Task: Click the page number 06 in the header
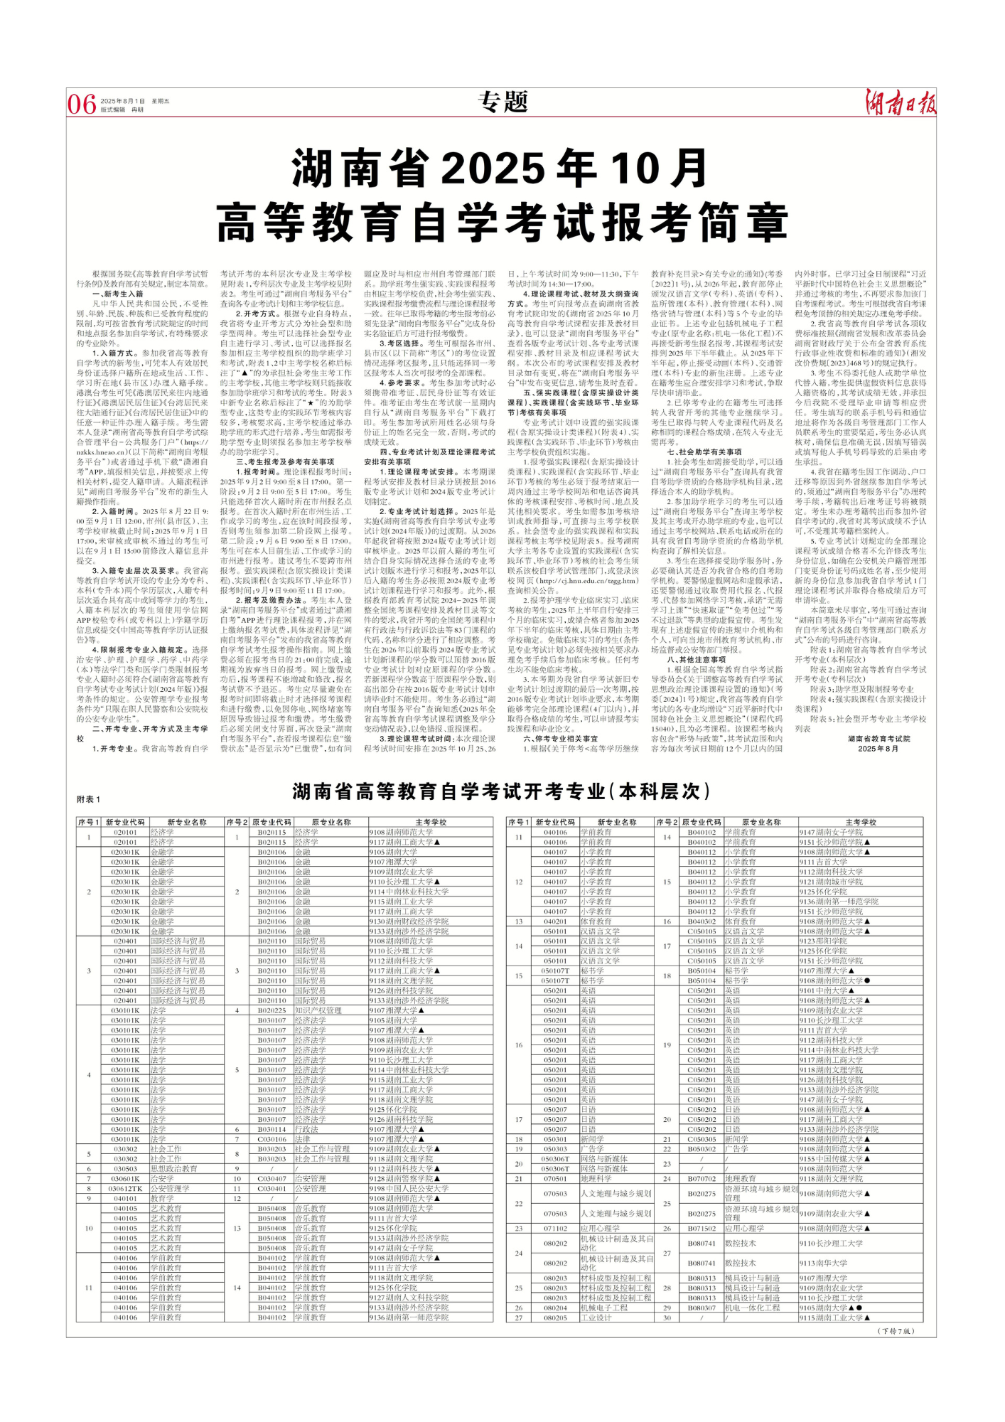pyautogui.click(x=82, y=105)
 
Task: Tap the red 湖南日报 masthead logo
pyautogui.click(x=900, y=102)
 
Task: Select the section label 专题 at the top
pyautogui.click(x=503, y=102)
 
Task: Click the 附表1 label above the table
pyautogui.click(x=89, y=799)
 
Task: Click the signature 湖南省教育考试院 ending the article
pyautogui.click(x=878, y=739)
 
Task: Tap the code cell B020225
pyautogui.click(x=272, y=1010)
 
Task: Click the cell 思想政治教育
pyautogui.click(x=173, y=1168)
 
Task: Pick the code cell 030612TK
pyautogui.click(x=126, y=1188)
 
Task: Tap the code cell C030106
pyautogui.click(x=272, y=1139)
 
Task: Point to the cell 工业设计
pyautogui.click(x=596, y=1317)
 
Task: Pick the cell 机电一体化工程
pyautogui.click(x=752, y=1308)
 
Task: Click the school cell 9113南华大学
pyautogui.click(x=823, y=1263)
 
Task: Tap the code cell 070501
pyautogui.click(x=555, y=1178)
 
